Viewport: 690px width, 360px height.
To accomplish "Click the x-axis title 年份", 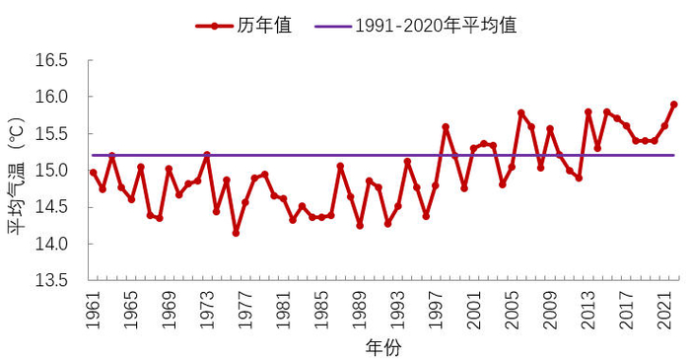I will (x=382, y=347).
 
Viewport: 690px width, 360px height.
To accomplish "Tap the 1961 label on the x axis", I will (x=93, y=308).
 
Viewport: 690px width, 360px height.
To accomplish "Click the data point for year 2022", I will (x=674, y=105).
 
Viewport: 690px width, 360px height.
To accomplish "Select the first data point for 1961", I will (x=94, y=173).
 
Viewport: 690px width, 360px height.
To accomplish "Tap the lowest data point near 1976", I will (x=237, y=233).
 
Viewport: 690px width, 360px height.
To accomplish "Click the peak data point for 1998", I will (x=446, y=127).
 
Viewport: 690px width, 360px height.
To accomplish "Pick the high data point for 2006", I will (x=521, y=113).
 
